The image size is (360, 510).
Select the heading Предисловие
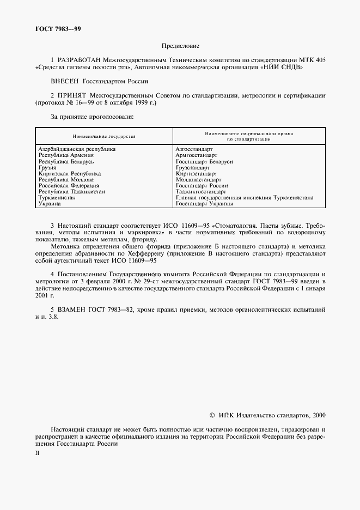pyautogui.click(x=180, y=47)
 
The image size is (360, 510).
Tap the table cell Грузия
pyautogui.click(x=47, y=168)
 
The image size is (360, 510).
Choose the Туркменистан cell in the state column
pyautogui.click(x=57, y=198)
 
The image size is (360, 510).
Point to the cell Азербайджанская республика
pyautogui.click(x=77, y=149)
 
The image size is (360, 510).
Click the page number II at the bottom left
pyautogui.click(x=38, y=453)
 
